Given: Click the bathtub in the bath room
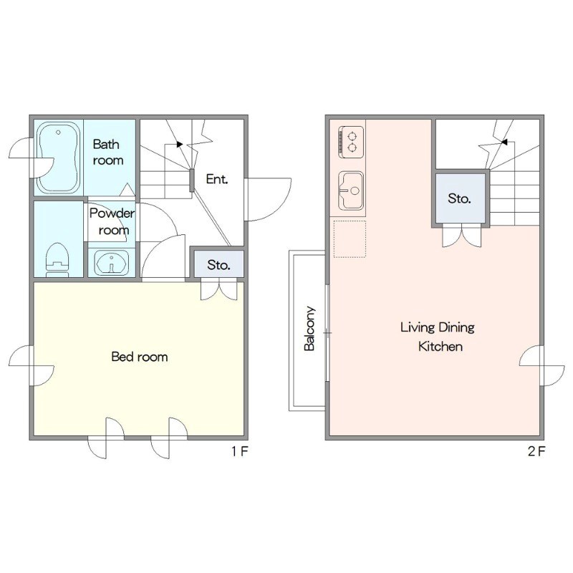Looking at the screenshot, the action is [x=59, y=158].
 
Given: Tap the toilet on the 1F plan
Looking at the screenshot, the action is [x=57, y=259].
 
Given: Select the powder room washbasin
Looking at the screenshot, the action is [x=112, y=262].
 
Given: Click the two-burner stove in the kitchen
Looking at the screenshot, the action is [x=351, y=142].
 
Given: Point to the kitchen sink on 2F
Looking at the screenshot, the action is [x=351, y=191].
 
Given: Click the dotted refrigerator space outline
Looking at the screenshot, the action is [x=350, y=239].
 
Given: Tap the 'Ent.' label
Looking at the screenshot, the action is [x=217, y=179].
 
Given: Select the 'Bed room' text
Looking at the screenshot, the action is [x=140, y=357].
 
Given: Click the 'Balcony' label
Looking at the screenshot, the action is [x=309, y=329].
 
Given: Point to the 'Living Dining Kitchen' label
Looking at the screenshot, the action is [x=438, y=337].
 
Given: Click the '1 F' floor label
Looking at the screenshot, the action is [x=240, y=451].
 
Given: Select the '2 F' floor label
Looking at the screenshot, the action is [x=536, y=451].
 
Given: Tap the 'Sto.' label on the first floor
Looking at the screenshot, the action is [x=218, y=265].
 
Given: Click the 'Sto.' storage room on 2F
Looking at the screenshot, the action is [x=461, y=198].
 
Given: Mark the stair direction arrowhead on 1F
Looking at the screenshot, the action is [x=180, y=145].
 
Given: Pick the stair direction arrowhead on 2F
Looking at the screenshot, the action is [x=504, y=142].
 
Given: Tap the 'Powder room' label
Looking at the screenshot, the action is [x=112, y=221].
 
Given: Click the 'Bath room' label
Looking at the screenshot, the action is [x=108, y=152].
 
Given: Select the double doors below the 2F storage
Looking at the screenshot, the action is [x=461, y=237].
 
